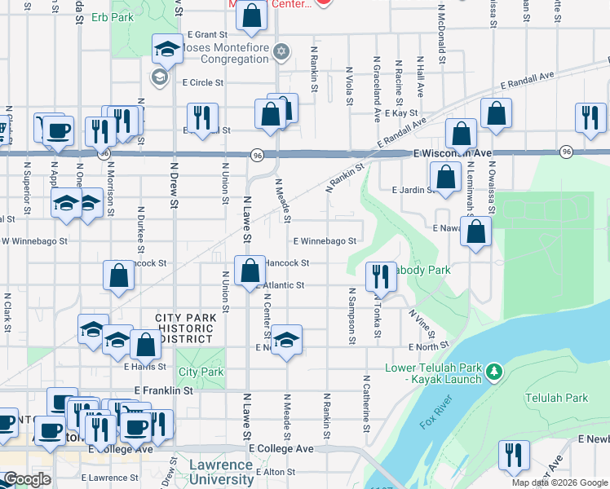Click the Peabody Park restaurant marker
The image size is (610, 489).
pos(380,277)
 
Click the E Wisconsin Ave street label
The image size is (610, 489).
pos(452,153)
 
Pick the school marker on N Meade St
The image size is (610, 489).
pos(286,341)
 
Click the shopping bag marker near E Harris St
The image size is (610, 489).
pos(145,345)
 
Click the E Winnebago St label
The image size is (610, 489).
pos(325,241)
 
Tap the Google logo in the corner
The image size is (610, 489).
pos(27,479)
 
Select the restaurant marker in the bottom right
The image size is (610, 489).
pos(514,456)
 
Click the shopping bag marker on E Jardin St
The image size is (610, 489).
pos(445,176)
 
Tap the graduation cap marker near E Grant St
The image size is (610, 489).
pos(167,50)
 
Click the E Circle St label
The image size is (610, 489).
pos(203,82)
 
